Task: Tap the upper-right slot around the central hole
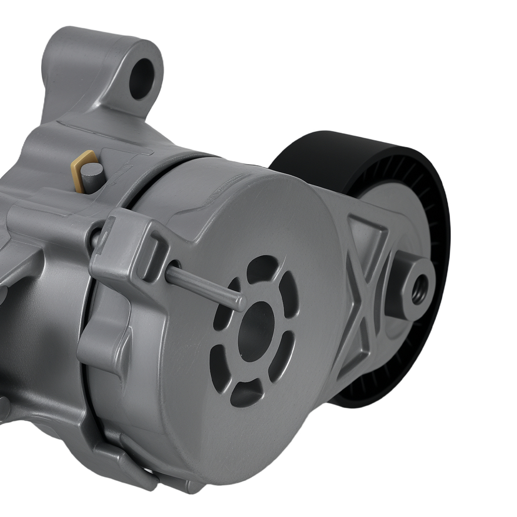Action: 289,295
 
